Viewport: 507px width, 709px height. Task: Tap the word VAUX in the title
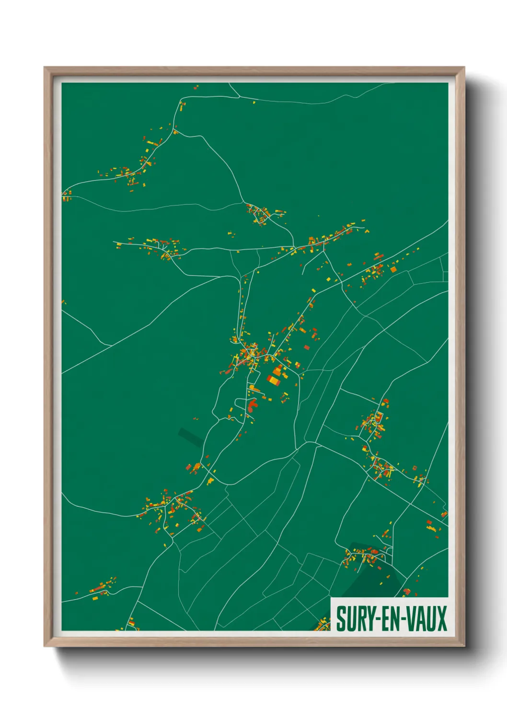click(x=426, y=618)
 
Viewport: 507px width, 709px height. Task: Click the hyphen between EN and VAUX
click(x=403, y=619)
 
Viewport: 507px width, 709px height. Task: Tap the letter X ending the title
click(x=442, y=618)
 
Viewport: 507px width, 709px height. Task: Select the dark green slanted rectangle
click(x=190, y=437)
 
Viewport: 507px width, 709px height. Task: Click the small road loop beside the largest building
click(x=242, y=402)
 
